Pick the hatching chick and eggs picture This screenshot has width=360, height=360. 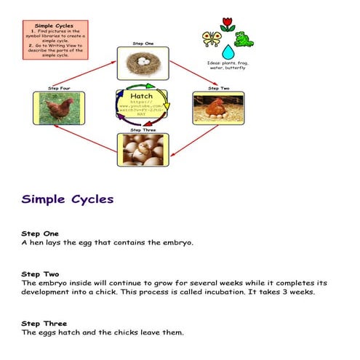[x=143, y=149]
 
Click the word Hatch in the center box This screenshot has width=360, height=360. [x=142, y=95]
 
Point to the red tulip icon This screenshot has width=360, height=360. [x=227, y=25]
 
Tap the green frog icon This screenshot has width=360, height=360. [x=244, y=39]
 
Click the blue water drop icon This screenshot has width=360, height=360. [x=228, y=52]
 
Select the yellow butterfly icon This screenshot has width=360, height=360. [x=211, y=39]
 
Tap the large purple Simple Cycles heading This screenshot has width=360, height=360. [x=67, y=199]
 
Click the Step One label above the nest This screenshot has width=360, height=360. [x=143, y=44]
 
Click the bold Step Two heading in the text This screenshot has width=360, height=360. [x=40, y=274]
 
